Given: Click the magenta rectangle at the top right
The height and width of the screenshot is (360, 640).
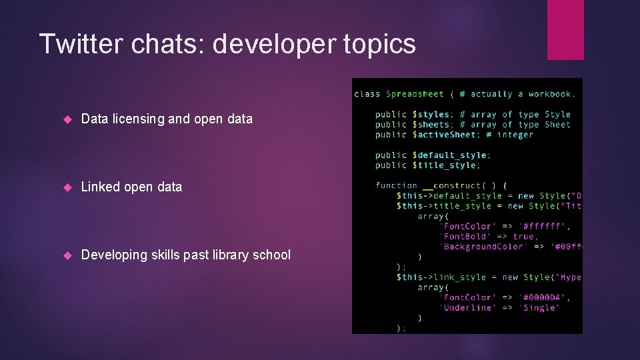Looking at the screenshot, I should coord(565,29).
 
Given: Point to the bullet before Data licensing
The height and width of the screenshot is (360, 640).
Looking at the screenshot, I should coord(67,119).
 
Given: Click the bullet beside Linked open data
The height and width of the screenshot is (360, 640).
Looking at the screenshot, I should coord(67,187).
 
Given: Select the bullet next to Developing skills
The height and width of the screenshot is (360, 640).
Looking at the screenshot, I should coord(67,255).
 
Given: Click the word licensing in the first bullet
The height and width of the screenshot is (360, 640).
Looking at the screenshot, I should coord(137,119).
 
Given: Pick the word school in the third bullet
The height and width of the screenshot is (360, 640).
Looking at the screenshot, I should coord(270,255).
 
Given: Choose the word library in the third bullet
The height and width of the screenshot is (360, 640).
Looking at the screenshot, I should coord(225,255).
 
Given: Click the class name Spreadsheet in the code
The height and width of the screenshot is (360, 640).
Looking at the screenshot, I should coord(415,94).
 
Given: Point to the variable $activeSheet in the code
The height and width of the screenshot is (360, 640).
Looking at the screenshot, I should coord(443,135).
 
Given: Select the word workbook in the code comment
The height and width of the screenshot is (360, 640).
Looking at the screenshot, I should coord(550,94).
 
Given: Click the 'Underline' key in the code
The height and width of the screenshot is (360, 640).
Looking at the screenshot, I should coord(467,307).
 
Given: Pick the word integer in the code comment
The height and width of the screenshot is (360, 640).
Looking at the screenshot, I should coord(515,135).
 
